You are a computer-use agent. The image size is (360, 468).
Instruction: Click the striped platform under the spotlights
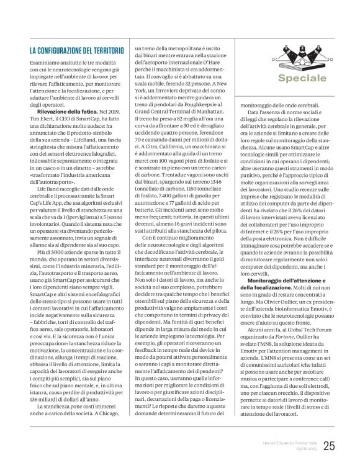285,64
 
